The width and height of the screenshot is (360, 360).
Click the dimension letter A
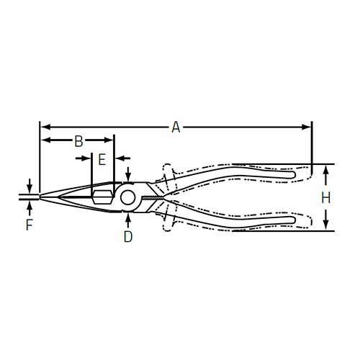(x=175, y=127)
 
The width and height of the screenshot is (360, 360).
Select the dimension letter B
(x=79, y=140)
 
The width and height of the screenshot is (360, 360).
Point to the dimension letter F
(x=29, y=225)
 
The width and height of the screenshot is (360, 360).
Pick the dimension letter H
(x=326, y=197)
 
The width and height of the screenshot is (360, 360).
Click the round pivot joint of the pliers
(x=128, y=197)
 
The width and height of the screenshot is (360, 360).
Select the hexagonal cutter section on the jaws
(x=100, y=195)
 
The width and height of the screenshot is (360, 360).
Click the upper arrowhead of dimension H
(x=326, y=169)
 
